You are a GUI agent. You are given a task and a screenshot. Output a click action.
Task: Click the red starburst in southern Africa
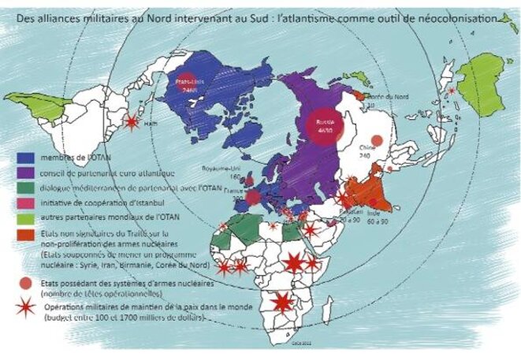click(x=281, y=302)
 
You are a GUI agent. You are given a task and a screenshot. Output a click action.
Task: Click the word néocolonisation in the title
click(x=464, y=15)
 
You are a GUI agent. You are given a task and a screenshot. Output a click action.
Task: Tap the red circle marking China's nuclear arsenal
click(x=377, y=140)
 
